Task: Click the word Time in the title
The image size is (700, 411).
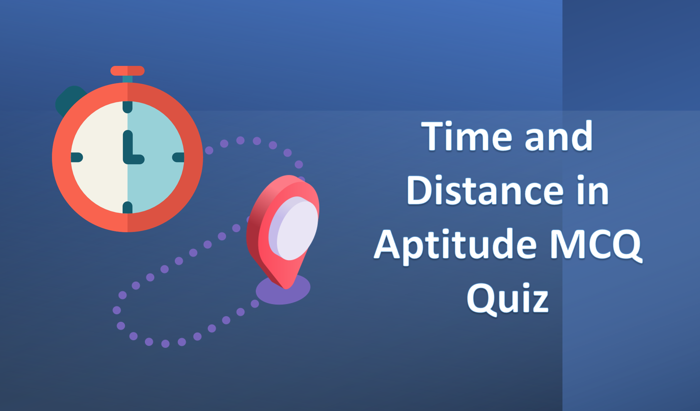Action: (x=467, y=136)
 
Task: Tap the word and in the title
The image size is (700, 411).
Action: (x=559, y=136)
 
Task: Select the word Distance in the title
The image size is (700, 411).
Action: (x=485, y=190)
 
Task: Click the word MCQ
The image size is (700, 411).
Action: (x=596, y=245)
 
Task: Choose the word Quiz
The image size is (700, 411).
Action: (x=508, y=299)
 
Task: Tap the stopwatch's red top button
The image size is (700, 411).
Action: (x=128, y=71)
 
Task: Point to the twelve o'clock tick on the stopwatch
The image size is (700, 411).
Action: (x=128, y=107)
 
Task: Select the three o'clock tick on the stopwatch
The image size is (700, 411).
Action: (x=178, y=157)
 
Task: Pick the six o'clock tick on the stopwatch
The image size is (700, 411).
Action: (x=128, y=207)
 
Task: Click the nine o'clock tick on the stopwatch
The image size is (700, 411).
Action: (x=77, y=157)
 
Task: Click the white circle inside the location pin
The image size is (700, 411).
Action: (x=293, y=228)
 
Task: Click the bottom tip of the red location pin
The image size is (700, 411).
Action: (x=286, y=289)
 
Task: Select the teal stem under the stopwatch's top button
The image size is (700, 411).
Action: (x=128, y=79)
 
